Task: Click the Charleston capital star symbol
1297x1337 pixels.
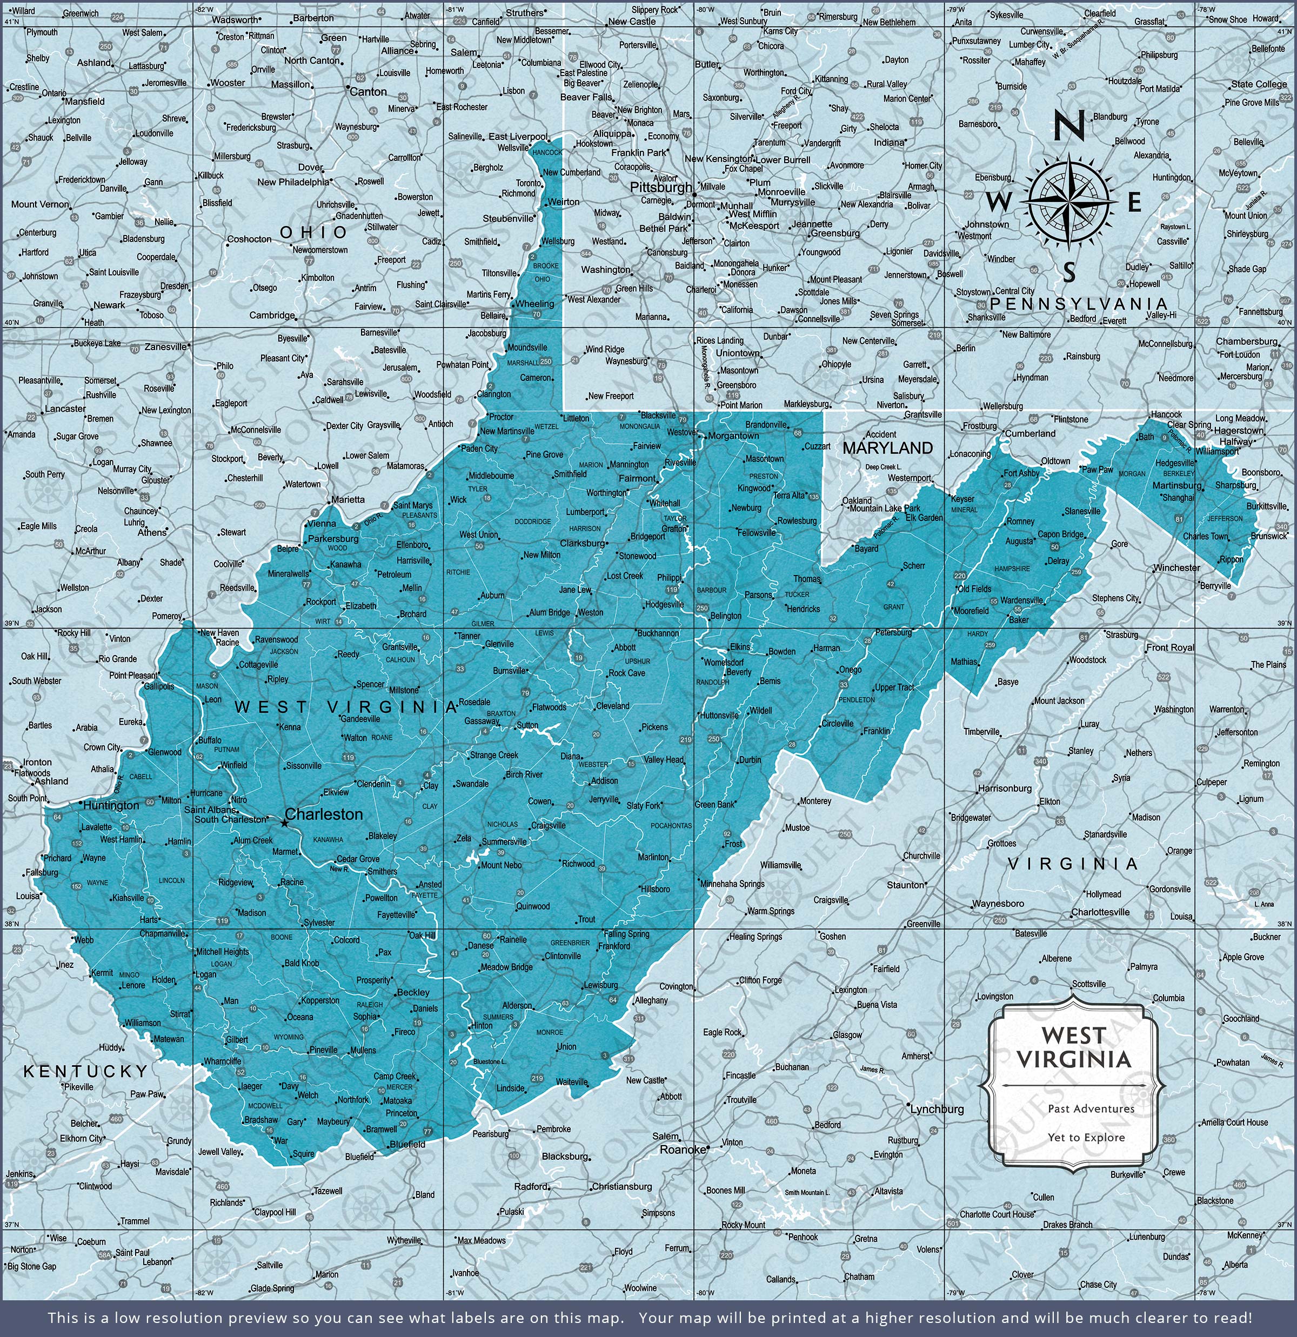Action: tap(284, 824)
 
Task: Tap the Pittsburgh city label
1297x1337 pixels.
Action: tap(660, 187)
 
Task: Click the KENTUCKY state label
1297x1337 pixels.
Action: tap(86, 1072)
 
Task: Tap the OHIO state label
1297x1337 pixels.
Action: tap(314, 232)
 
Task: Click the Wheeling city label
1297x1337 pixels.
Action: tap(536, 304)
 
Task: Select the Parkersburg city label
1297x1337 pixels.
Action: tap(333, 539)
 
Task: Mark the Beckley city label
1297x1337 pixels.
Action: tap(413, 993)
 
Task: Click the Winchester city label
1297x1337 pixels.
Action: tap(1176, 567)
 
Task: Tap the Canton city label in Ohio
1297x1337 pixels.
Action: tap(369, 91)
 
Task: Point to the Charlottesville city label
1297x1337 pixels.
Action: tap(1100, 912)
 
